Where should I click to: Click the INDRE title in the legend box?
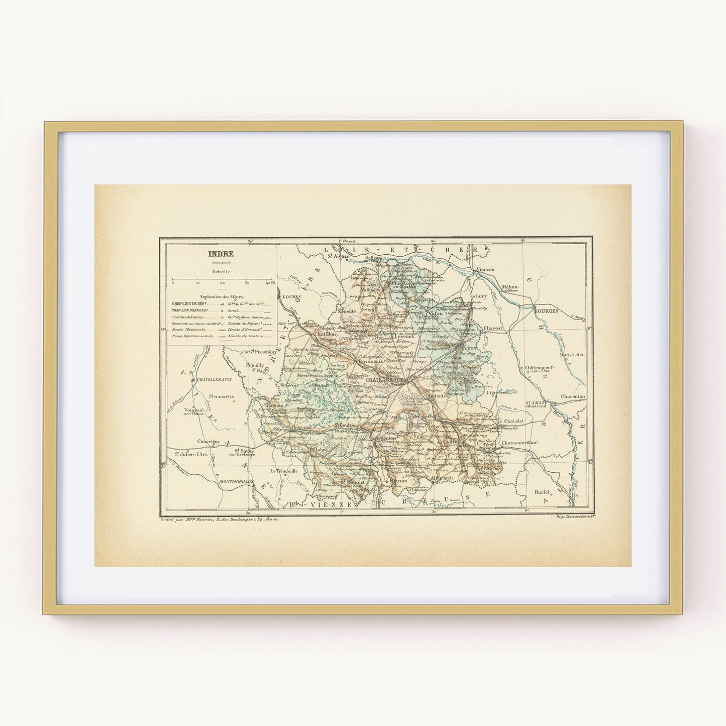click(221, 254)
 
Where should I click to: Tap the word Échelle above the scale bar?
click(222, 271)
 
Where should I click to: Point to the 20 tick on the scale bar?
click(222, 283)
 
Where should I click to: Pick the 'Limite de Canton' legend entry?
click(246, 335)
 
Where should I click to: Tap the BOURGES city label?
click(547, 311)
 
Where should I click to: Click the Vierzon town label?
click(485, 269)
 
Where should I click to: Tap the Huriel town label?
click(543, 491)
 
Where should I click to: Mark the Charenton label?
click(573, 396)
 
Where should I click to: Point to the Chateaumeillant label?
click(520, 442)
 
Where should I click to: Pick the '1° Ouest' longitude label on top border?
click(347, 241)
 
